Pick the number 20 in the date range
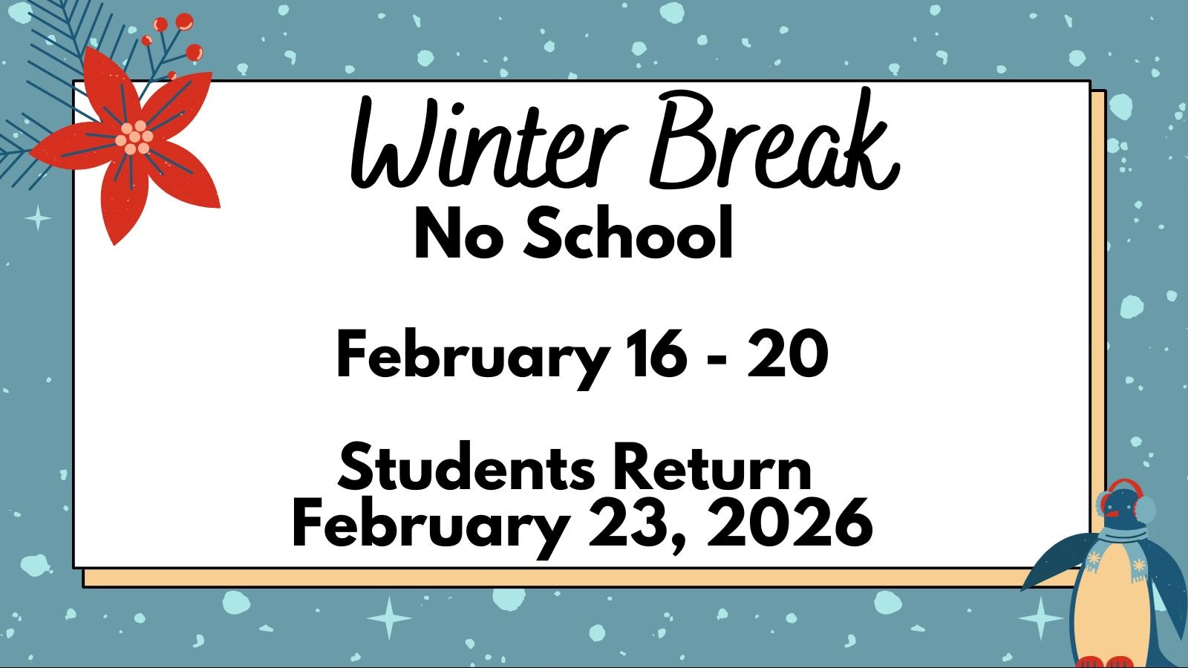(x=788, y=353)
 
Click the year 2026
(x=790, y=523)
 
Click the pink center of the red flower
(x=134, y=137)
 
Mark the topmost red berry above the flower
(x=185, y=22)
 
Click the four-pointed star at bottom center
(x=389, y=618)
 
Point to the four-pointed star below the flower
(x=38, y=218)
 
